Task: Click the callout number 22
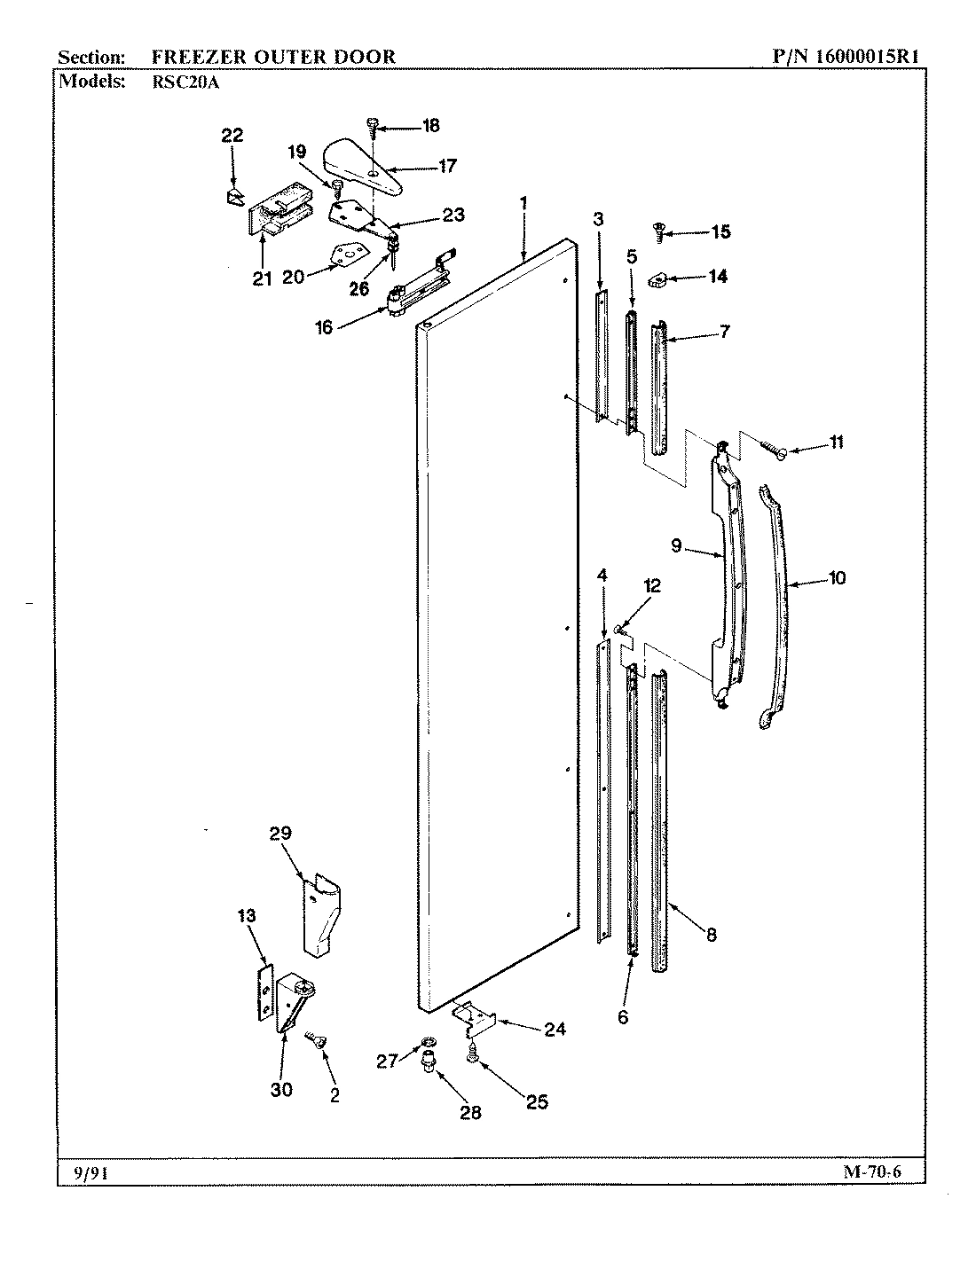click(x=232, y=136)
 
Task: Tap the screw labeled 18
click(x=374, y=127)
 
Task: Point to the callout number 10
click(x=836, y=578)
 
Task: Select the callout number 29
click(x=280, y=833)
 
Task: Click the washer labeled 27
click(x=429, y=1040)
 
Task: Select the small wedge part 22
click(x=233, y=196)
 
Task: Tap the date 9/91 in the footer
click(x=85, y=1173)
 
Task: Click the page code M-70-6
click(x=871, y=1173)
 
